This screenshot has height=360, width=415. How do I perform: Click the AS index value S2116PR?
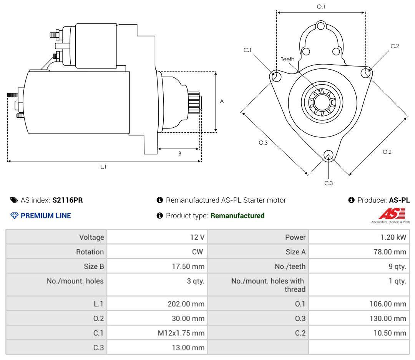click(x=68, y=200)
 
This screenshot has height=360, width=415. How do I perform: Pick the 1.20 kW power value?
click(x=393, y=237)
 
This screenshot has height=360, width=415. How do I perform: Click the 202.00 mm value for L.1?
click(x=186, y=304)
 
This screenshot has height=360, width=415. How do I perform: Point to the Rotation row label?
click(x=90, y=252)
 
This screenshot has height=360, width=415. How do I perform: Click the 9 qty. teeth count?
click(x=397, y=267)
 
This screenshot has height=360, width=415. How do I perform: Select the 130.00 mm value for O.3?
click(x=388, y=318)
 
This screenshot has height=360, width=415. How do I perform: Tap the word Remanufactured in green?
click(x=237, y=216)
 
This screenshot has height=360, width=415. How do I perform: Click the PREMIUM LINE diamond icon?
click(x=14, y=216)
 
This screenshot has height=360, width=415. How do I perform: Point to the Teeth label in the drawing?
click(x=287, y=59)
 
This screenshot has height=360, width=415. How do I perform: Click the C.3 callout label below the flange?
click(x=329, y=183)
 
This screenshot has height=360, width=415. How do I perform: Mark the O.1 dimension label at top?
click(x=321, y=7)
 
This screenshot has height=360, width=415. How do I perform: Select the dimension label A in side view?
click(x=222, y=101)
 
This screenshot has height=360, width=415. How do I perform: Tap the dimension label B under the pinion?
click(x=180, y=153)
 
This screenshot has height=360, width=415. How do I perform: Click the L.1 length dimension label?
click(x=103, y=167)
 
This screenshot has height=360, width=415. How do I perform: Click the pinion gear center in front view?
click(x=322, y=102)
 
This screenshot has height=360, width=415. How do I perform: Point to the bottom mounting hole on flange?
click(x=329, y=155)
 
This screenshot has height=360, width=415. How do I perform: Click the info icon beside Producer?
click(x=351, y=200)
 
